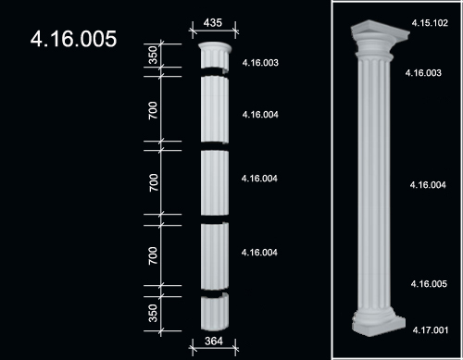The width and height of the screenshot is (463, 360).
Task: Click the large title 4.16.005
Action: coord(73,39)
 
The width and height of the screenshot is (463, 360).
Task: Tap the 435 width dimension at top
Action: coord(213,22)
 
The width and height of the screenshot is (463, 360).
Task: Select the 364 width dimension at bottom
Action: coord(214,341)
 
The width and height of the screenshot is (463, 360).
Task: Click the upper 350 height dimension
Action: coord(153,55)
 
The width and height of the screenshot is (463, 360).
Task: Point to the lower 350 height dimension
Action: coord(153,313)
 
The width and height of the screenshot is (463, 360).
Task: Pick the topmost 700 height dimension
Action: coord(153,110)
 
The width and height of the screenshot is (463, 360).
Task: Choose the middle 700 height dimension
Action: coord(153,182)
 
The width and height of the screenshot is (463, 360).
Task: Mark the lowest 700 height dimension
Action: coord(153,255)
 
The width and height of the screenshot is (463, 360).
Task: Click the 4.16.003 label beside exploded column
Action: coord(260,63)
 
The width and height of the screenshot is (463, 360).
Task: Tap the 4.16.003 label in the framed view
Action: coord(423,73)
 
